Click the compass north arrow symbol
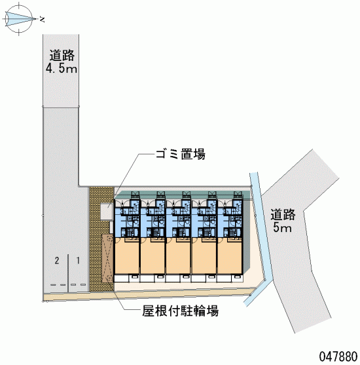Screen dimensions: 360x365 click(x=18, y=18)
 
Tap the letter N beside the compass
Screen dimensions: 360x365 click(x=42, y=20)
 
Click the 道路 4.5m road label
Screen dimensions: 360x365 click(x=62, y=62)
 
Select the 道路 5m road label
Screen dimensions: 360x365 click(x=283, y=221)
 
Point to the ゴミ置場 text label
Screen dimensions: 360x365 click(x=181, y=154)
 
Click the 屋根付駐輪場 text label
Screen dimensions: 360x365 click(x=180, y=311)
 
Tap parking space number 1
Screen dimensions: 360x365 click(x=78, y=260)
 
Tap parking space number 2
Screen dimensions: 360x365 click(x=57, y=260)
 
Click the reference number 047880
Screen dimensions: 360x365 click(x=338, y=356)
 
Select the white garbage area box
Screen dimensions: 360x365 click(x=107, y=212)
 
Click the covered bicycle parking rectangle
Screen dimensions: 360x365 click(x=107, y=258)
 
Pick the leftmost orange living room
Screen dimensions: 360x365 click(x=127, y=256)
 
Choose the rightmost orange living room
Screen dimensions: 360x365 click(x=229, y=256)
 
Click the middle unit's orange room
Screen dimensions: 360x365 click(x=178, y=256)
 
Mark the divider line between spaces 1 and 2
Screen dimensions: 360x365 click(x=68, y=273)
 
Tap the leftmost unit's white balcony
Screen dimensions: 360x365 click(x=127, y=279)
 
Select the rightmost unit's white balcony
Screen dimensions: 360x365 click(x=229, y=279)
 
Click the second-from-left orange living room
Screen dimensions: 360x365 click(x=153, y=256)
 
